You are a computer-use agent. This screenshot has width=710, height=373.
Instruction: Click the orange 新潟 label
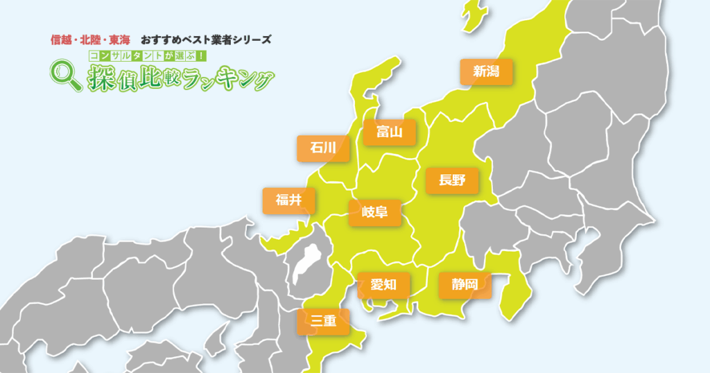click(487, 71)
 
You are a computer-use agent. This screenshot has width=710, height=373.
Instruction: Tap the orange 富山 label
click(389, 132)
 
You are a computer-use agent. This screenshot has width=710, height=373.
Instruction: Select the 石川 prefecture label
click(323, 148)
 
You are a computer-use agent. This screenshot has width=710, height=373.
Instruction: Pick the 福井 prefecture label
click(288, 200)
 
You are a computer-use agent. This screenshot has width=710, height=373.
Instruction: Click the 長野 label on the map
click(452, 181)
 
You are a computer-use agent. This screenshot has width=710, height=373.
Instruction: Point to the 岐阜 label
click(374, 212)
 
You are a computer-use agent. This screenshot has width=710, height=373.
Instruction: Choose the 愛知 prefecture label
click(383, 284)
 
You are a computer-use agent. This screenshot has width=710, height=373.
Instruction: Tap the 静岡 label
click(465, 284)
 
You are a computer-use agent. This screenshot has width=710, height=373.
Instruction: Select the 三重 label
click(323, 321)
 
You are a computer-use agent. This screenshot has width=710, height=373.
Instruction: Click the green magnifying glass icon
click(66, 75)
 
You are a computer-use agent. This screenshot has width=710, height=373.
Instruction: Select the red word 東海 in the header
click(119, 39)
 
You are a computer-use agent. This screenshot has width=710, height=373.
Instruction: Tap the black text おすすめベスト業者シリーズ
click(206, 39)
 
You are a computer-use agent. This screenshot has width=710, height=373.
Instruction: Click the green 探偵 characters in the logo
click(112, 78)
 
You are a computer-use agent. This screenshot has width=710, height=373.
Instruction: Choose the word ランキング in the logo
click(226, 79)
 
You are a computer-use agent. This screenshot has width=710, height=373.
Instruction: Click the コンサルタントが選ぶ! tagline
click(146, 55)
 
